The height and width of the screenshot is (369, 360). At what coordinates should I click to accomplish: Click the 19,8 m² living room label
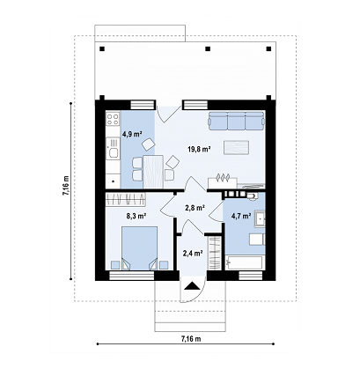(200, 150)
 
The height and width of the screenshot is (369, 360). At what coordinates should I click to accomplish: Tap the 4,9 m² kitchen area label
(132, 135)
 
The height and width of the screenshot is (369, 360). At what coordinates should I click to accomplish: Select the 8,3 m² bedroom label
(136, 217)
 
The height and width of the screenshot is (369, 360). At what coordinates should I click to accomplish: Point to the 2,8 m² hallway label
(195, 208)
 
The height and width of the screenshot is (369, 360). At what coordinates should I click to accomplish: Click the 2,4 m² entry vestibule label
(193, 253)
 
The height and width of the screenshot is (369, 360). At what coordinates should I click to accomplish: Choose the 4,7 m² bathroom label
(241, 217)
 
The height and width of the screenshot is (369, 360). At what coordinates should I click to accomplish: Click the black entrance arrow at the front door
(191, 285)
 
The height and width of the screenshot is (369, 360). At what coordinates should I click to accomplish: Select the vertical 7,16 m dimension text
(66, 186)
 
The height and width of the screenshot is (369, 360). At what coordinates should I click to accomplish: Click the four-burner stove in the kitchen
(113, 118)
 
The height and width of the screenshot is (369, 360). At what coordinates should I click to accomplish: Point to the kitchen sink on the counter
(113, 152)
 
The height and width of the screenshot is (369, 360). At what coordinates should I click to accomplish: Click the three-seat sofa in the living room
(237, 121)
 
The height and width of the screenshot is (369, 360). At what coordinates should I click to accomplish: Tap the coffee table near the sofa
(237, 147)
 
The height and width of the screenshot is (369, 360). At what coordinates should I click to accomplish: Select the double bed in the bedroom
(139, 248)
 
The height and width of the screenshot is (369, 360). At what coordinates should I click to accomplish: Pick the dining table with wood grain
(153, 172)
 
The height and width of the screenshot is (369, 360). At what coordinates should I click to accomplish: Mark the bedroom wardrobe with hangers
(126, 199)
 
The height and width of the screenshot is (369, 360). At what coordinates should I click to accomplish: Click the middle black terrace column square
(208, 49)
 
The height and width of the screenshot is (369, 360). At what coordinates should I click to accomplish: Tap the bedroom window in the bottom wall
(132, 276)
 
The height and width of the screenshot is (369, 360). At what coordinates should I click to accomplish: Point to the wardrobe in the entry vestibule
(215, 253)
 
